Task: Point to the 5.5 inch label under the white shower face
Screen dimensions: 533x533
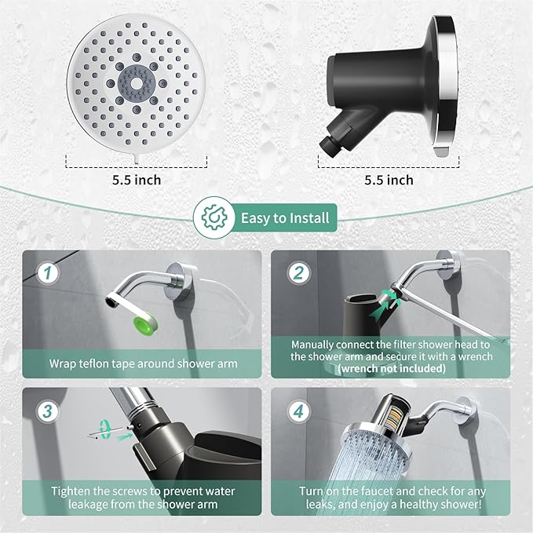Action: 137,180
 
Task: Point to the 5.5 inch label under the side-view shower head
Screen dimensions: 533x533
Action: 389,180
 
